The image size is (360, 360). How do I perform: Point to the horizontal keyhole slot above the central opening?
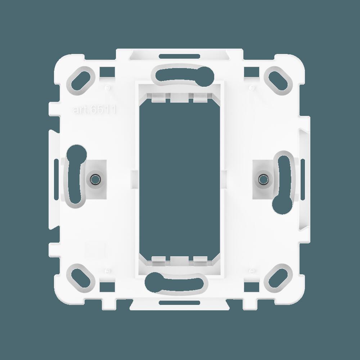[x=180, y=73]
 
